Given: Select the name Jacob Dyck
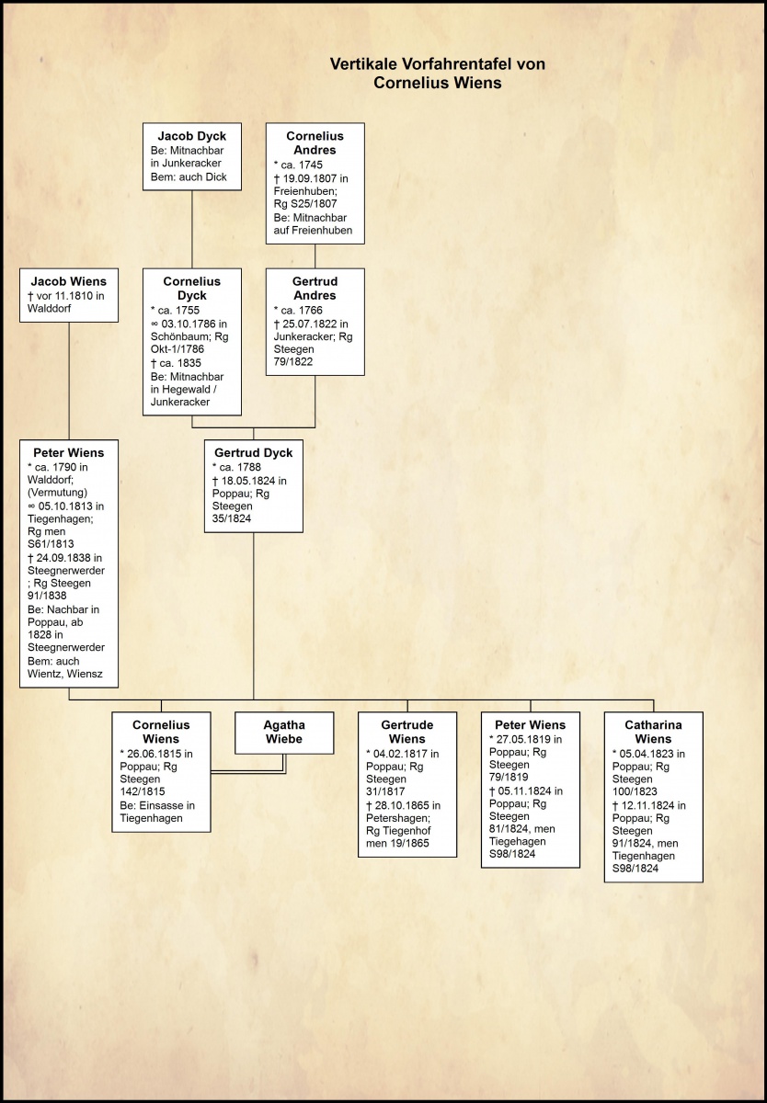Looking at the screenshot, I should coord(191,136).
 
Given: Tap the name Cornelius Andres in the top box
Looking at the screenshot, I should coord(315,142).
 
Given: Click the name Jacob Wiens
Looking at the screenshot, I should coord(69,281).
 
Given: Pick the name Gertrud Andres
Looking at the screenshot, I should coord(315,289).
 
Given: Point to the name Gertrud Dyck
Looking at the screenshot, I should coord(254,453).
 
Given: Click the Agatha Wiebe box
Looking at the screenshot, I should coord(284,733).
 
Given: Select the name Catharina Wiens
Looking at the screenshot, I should coord(653,732).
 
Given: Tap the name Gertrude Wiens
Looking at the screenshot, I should coord(406,732).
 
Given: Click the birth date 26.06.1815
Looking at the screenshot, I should coord(166,754).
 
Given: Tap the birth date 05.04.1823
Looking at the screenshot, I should coord(659,754).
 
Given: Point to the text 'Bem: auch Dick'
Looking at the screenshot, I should coord(189,177).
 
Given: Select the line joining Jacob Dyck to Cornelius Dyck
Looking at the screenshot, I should coord(191,229).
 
